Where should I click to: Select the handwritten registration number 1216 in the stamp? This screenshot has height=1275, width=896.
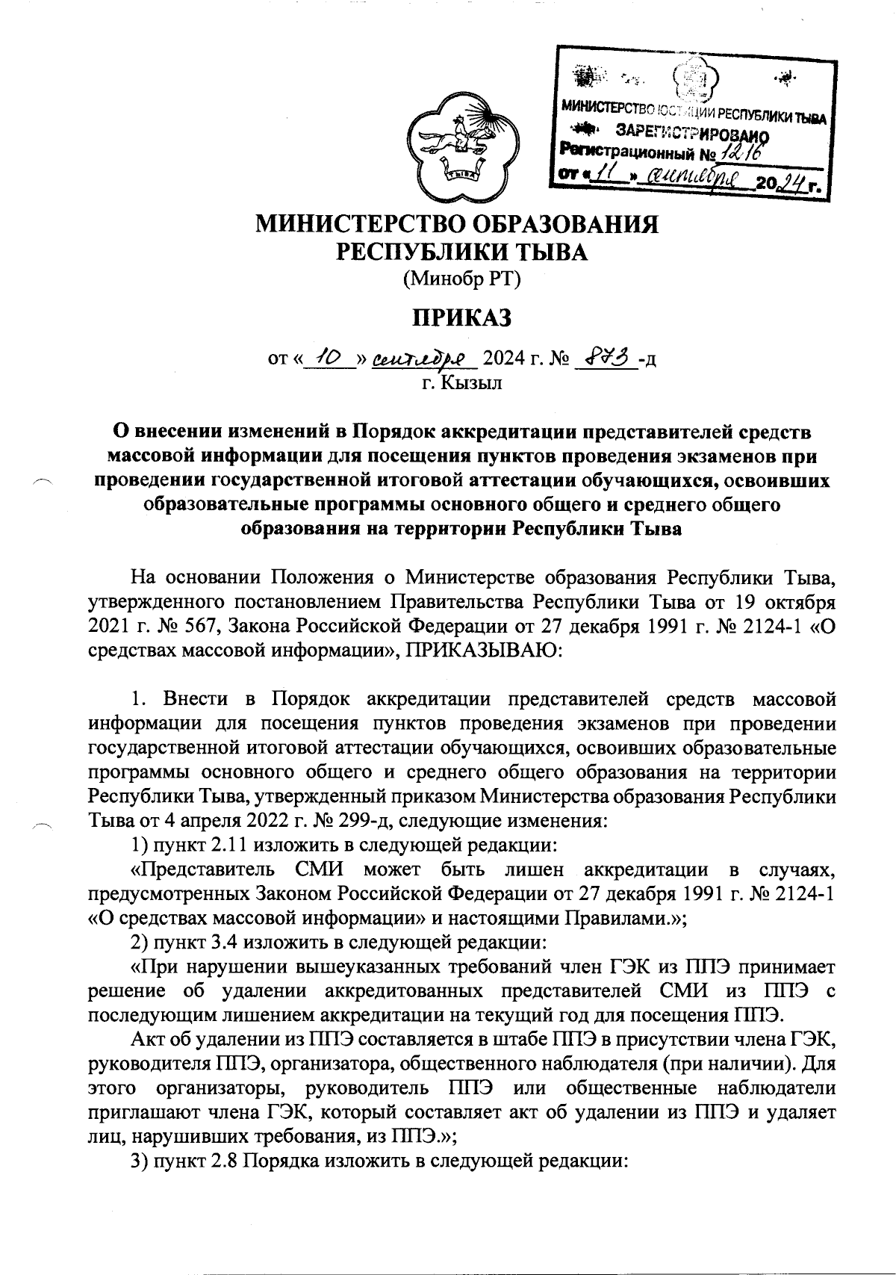tap(739, 154)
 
